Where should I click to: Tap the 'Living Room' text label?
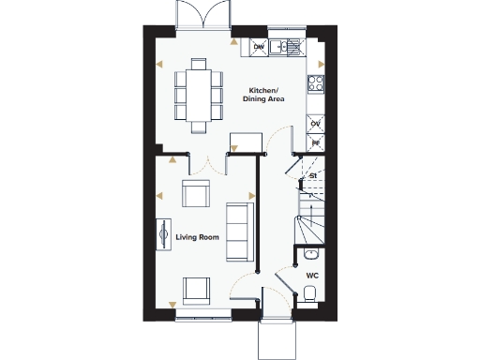pyautogui.click(x=197, y=237)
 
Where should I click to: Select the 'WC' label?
pyautogui.click(x=312, y=275)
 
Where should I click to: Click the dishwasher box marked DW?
pyautogui.click(x=259, y=45)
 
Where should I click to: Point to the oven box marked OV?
pyautogui.click(x=316, y=124)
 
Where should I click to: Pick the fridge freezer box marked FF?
pyautogui.click(x=316, y=142)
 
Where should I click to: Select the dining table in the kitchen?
pyautogui.click(x=198, y=95)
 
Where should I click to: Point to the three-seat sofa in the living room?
pyautogui.click(x=240, y=232)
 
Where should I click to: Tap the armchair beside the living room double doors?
pyautogui.click(x=196, y=196)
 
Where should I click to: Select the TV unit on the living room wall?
pyautogui.click(x=163, y=232)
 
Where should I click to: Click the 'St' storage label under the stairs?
pyautogui.click(x=314, y=175)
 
